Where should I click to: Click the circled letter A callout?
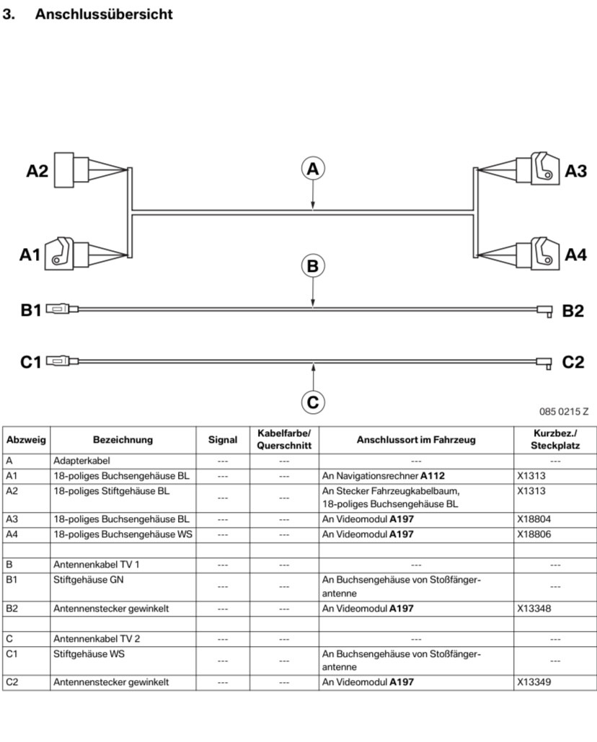312,169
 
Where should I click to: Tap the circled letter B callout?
312,266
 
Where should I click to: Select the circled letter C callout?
312,402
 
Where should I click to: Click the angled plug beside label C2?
544,362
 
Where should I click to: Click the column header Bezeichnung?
123,440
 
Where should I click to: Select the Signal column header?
222,440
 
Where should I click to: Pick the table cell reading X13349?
534,681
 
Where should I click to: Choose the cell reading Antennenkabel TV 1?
97,565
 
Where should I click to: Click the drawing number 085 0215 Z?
564,412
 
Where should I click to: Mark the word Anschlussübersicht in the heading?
104,14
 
